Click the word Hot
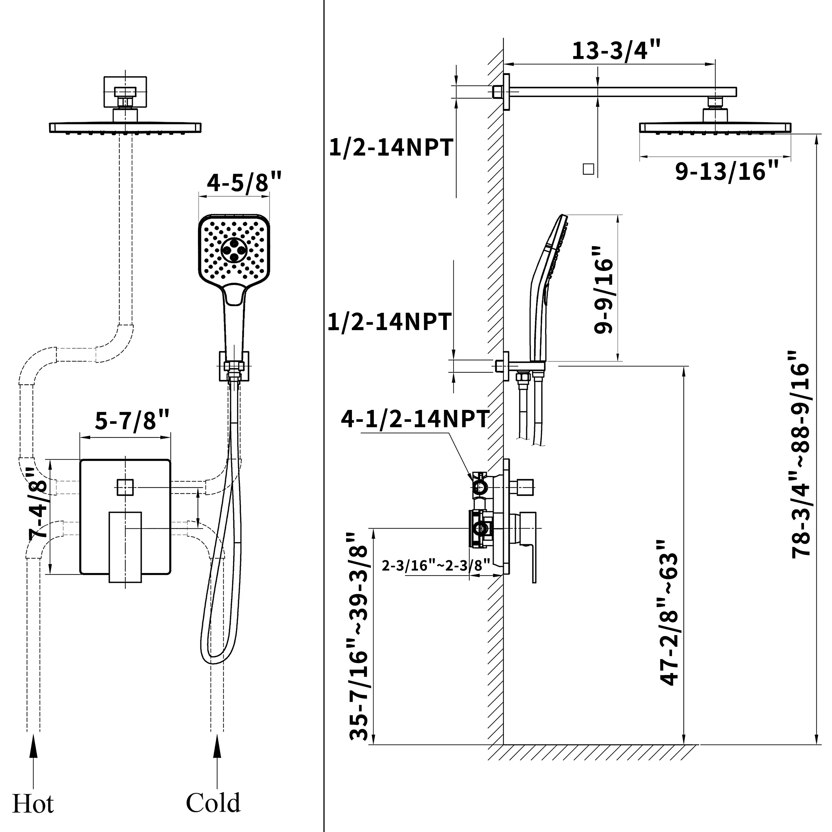(x=33, y=805)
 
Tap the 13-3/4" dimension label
(x=616, y=51)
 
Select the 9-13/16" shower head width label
(x=727, y=171)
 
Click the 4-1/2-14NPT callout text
(x=415, y=418)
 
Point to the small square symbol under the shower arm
(x=588, y=169)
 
